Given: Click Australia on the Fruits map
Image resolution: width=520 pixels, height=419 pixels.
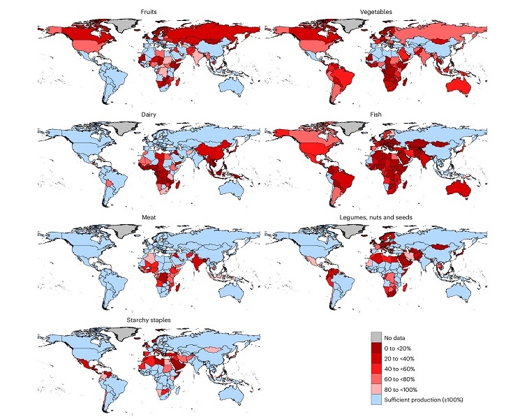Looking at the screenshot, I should click(230, 84).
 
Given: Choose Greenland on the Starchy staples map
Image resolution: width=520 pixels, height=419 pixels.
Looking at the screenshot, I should click(121, 333).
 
